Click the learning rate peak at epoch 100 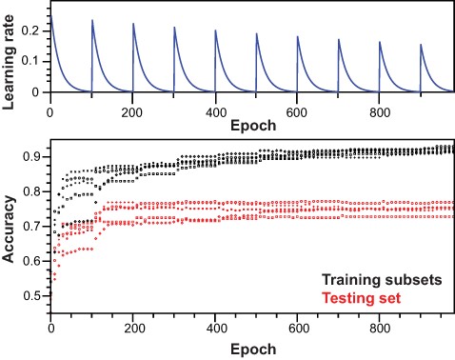[x=91, y=20]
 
